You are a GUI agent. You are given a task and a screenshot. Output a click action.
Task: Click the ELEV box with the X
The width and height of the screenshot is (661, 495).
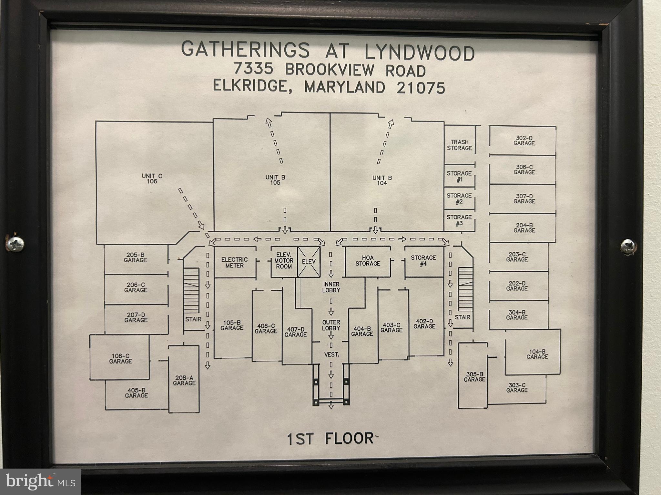point(309,262)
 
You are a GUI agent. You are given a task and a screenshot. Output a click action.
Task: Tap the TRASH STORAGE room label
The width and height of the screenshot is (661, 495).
point(459,145)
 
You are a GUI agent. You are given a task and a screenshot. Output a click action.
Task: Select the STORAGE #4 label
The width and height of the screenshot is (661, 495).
point(423,260)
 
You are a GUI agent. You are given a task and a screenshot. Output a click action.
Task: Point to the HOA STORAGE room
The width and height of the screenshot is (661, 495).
point(368,261)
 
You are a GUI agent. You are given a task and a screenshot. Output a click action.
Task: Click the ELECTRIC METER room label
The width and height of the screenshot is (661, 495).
point(234,262)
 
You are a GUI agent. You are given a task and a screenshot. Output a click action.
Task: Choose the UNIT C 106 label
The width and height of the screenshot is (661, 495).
point(152,179)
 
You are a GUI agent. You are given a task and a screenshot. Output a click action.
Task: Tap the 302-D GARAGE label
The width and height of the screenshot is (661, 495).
point(524,141)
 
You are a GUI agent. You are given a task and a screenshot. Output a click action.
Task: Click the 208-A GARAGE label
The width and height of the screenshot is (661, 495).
point(184,380)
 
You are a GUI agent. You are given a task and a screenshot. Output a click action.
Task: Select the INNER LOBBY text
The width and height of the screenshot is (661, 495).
point(331,287)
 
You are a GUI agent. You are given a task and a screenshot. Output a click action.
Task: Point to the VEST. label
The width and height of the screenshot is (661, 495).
point(331,354)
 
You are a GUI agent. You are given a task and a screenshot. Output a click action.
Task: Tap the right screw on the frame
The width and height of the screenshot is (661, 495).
point(627,246)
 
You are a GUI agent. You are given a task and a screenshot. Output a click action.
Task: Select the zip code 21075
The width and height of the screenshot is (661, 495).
point(421,88)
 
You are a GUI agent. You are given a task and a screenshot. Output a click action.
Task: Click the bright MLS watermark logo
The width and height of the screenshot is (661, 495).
point(40,482)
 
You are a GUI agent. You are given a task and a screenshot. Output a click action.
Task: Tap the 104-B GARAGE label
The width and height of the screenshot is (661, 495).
point(537,354)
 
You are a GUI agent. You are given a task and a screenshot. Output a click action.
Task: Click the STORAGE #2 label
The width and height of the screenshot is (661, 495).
point(459,199)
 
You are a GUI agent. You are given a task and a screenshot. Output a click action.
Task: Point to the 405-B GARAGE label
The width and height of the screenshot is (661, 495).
point(136,393)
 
